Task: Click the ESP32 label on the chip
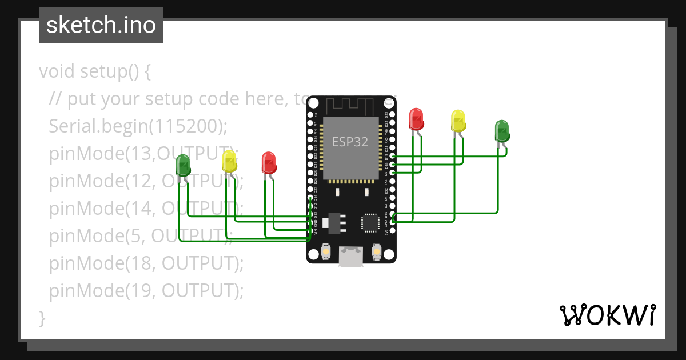(350, 141)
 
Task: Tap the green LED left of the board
(183, 165)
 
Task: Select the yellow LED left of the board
(229, 161)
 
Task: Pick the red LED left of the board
(269, 163)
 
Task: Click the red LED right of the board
(416, 119)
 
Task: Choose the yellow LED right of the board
(458, 121)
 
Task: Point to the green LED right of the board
(501, 131)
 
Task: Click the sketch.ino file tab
(101, 25)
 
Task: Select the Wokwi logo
(608, 315)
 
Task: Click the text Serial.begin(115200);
(135, 126)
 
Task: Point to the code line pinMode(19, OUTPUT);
(146, 291)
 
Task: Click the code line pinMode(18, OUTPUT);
(146, 263)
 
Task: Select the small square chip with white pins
(369, 222)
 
